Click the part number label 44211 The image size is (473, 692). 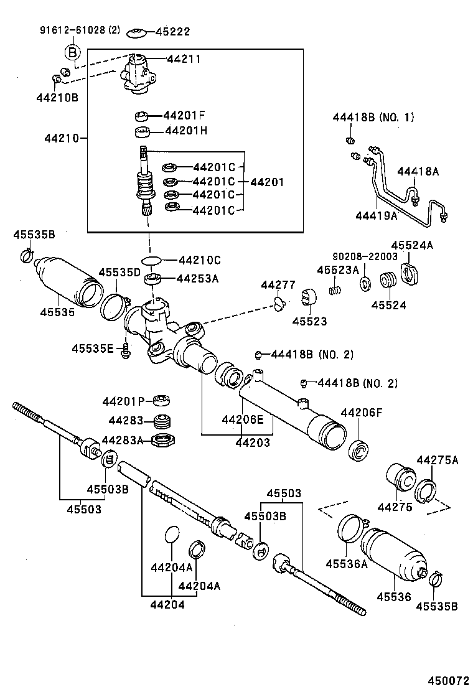coord(184,59)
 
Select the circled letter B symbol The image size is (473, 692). coord(73,52)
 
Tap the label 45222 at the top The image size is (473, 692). coord(172,32)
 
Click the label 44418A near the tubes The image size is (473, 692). coord(418,171)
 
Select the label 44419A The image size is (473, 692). coord(377,216)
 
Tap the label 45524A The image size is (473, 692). coord(412,245)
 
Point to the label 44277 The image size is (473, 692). coord(278,285)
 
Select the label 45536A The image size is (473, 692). coord(347,564)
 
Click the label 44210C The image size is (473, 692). coord(200,260)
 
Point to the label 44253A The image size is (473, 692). coord(197,279)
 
